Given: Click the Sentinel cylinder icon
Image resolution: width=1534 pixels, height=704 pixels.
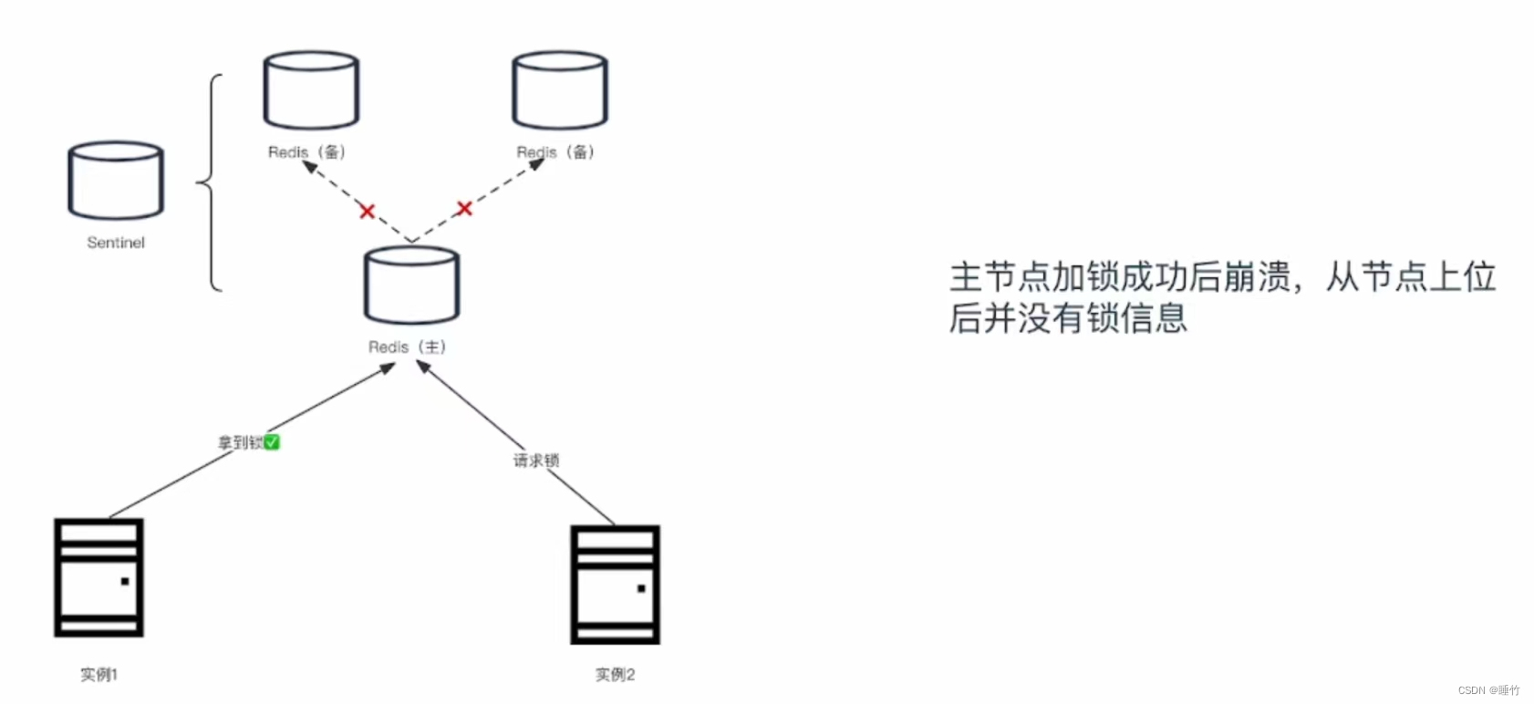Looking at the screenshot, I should [116, 180].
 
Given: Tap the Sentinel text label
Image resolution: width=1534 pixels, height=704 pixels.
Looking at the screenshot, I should [116, 243].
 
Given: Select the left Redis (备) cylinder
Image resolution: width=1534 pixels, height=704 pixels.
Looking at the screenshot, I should [311, 89].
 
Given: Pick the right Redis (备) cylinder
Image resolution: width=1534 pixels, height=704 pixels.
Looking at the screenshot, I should [559, 89].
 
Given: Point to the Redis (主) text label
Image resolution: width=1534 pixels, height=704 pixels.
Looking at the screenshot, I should [407, 347].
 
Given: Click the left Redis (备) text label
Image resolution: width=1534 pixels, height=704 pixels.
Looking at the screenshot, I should [306, 152].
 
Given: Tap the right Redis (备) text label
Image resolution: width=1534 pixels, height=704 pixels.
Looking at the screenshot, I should [555, 152].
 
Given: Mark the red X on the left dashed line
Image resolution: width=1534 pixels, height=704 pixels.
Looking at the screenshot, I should [368, 212].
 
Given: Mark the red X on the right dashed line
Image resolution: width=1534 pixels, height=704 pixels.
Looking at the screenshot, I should [464, 209].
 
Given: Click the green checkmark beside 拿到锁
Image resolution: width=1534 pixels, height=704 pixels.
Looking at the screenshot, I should [272, 442].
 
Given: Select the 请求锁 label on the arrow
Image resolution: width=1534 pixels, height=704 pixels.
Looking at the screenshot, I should [536, 461].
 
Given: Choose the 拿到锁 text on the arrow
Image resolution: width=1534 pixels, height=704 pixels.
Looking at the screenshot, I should [240, 443].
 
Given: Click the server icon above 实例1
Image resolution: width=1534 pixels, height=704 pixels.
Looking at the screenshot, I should [98, 577].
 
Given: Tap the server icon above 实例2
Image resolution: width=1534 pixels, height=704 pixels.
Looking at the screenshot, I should [615, 585].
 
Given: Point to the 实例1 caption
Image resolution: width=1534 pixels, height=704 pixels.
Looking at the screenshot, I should [98, 675].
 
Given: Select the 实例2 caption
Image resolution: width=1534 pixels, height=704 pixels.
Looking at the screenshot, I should [615, 675].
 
